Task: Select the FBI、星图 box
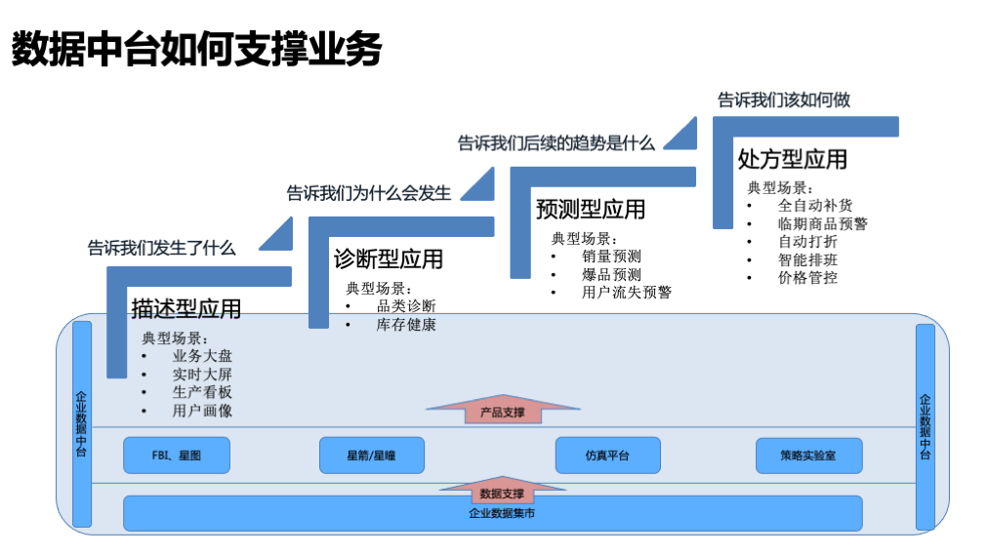tap(177, 455)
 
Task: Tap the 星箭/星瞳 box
tap(371, 455)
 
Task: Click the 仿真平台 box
tap(607, 455)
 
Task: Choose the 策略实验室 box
tap(808, 455)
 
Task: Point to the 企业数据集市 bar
tap(493, 513)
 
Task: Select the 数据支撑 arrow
tap(503, 492)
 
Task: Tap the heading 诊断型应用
tap(389, 259)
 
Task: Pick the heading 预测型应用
tap(591, 209)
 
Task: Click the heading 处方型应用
tap(792, 158)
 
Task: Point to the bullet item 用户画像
tap(202, 411)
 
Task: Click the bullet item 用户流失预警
tap(626, 292)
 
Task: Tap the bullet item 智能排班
tap(807, 259)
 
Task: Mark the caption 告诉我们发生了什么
tap(162, 248)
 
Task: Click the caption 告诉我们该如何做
tap(784, 99)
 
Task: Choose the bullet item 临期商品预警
tap(822, 223)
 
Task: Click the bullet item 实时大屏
tap(202, 375)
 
